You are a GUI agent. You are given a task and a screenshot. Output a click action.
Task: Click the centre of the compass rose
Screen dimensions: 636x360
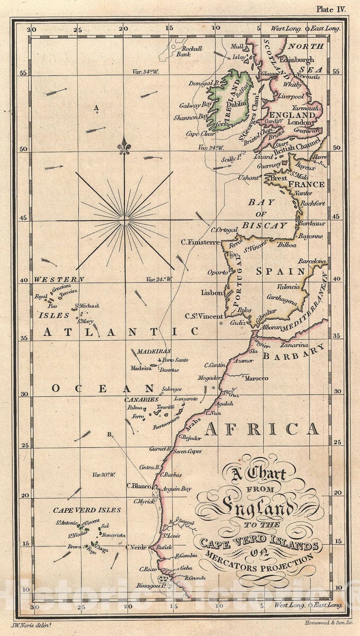pyautogui.click(x=124, y=219)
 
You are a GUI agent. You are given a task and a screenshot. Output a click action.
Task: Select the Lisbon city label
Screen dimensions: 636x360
pyautogui.click(x=212, y=293)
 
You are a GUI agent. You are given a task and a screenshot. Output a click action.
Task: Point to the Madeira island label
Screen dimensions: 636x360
pyautogui.click(x=141, y=368)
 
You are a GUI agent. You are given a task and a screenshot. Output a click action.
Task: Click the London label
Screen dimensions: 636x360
pyautogui.click(x=300, y=122)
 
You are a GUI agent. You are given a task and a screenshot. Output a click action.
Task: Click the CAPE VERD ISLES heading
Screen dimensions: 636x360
pyautogui.click(x=87, y=510)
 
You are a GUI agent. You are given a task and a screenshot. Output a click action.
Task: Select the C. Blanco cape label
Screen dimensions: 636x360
pyautogui.click(x=138, y=486)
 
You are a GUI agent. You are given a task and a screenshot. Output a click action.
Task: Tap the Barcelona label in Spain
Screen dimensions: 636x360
pyautogui.click(x=312, y=262)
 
